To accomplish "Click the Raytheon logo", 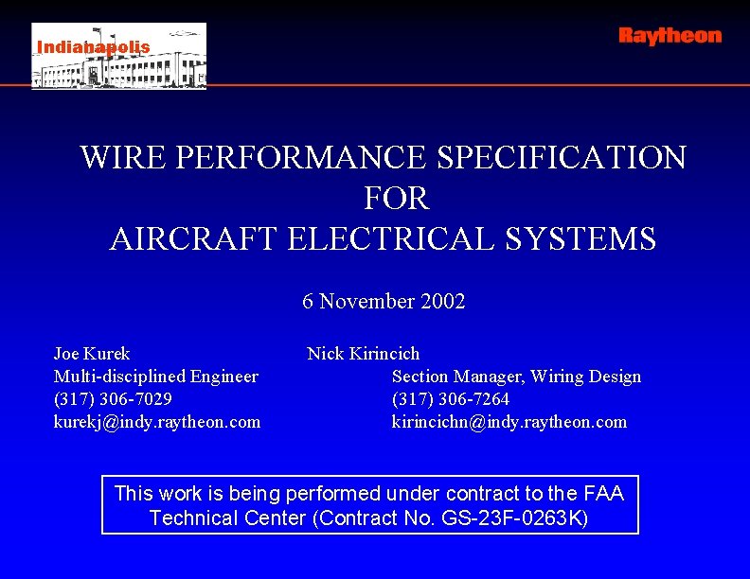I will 670,36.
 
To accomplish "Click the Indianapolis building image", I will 118,57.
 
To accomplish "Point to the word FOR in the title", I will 396,199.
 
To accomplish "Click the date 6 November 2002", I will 384,302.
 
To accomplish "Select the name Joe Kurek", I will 92,354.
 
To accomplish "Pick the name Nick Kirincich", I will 363,354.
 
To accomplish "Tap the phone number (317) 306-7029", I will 113,399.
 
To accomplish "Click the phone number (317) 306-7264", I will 451,399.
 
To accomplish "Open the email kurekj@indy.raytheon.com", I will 157,422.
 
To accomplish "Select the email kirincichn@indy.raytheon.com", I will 509,422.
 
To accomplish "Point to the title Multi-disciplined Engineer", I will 156,377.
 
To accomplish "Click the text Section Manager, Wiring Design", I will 516,377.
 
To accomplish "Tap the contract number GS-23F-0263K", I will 516,518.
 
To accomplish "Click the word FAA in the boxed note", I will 603,493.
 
